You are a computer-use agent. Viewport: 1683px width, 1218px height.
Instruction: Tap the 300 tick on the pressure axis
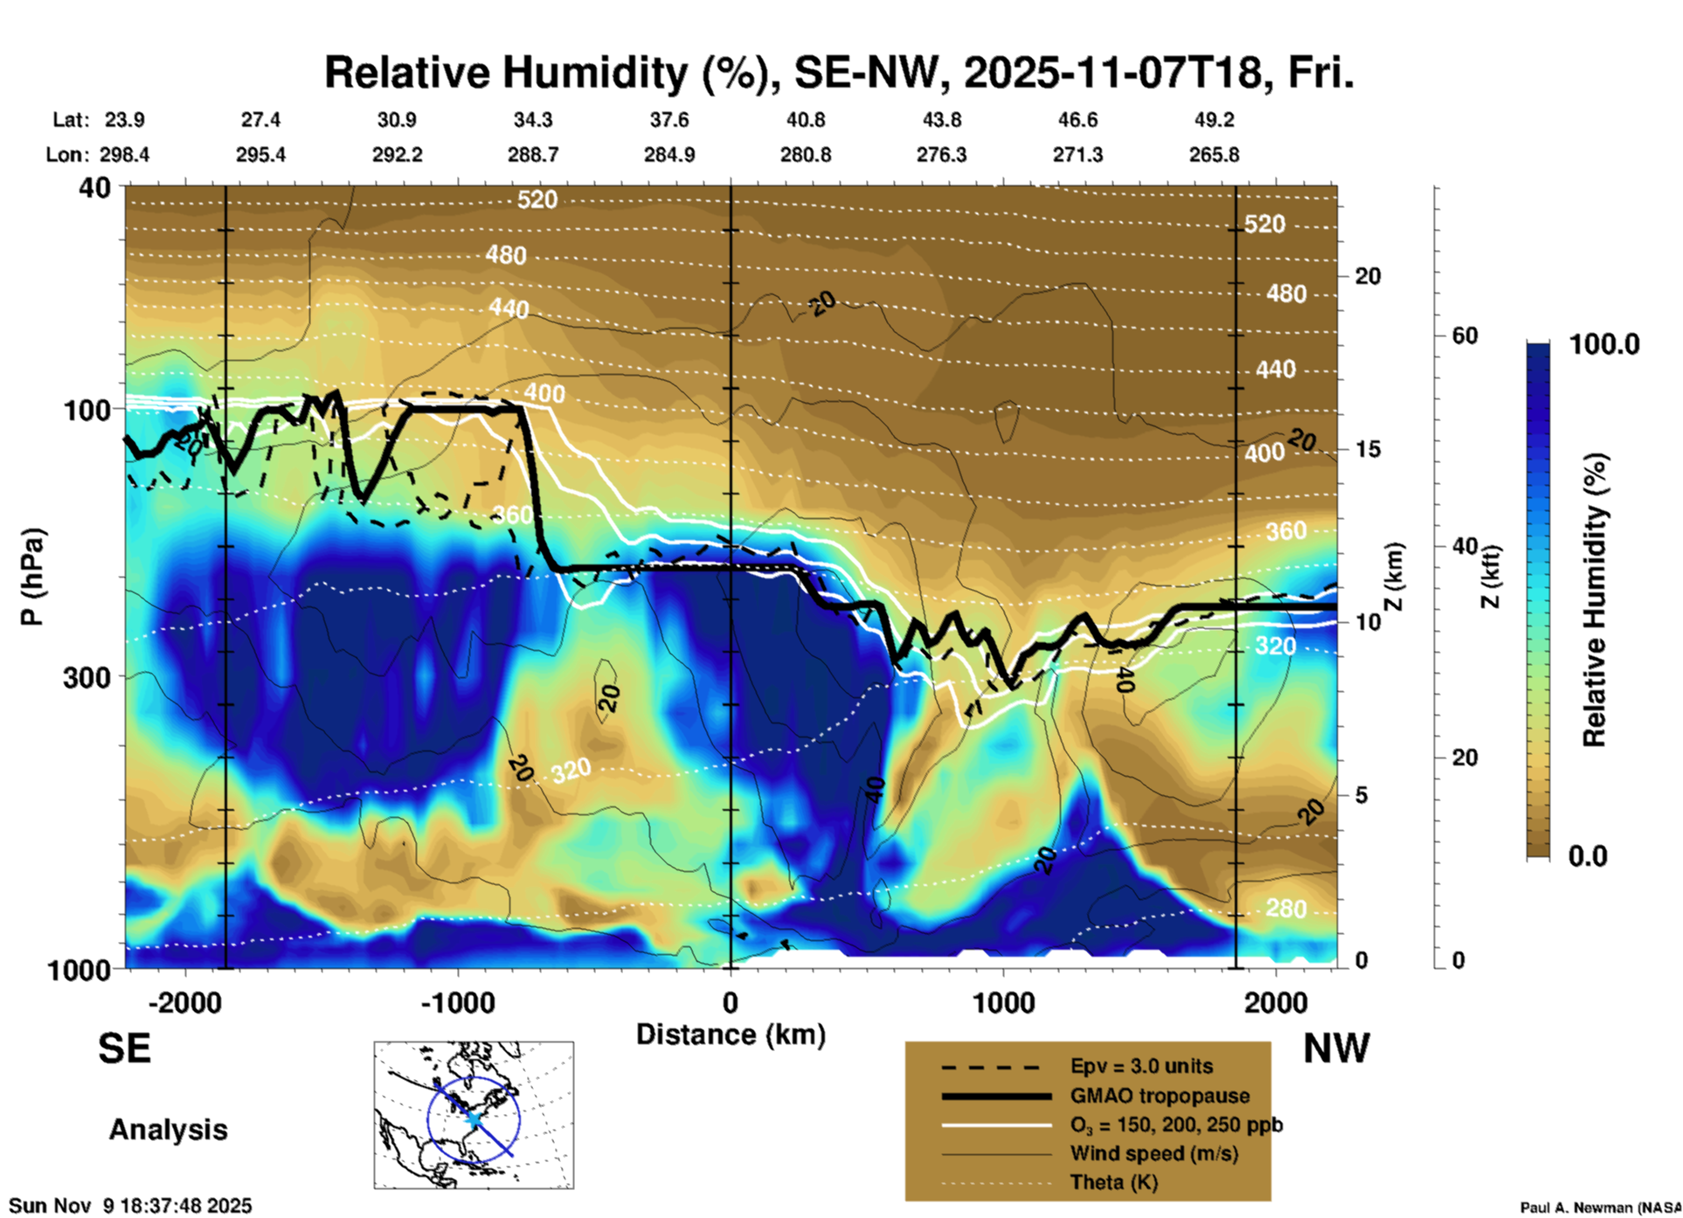(87, 677)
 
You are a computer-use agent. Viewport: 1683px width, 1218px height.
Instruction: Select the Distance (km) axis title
(731, 1035)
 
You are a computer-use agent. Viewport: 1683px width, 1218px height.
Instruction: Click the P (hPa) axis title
(32, 577)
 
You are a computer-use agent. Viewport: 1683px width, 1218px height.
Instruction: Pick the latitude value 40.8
(805, 120)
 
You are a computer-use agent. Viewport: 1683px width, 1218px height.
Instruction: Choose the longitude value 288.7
(533, 155)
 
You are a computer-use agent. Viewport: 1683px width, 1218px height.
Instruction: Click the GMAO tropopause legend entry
(1160, 1096)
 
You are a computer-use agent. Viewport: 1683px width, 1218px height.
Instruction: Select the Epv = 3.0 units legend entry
(1141, 1066)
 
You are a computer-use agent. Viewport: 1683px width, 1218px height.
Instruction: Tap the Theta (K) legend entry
(1113, 1182)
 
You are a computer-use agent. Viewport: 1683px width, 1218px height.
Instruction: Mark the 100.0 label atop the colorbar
(1604, 344)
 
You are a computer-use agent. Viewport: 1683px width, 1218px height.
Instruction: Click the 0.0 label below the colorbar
(1588, 855)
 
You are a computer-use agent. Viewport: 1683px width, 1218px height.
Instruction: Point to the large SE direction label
(124, 1048)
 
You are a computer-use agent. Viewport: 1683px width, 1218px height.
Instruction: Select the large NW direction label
(1335, 1048)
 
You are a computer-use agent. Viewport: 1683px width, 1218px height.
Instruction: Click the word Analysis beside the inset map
(168, 1129)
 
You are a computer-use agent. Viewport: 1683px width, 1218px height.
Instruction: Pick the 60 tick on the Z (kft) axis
(1465, 336)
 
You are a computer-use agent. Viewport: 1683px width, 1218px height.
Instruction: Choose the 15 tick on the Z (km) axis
(1368, 449)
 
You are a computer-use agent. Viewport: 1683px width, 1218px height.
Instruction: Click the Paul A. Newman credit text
(1599, 1208)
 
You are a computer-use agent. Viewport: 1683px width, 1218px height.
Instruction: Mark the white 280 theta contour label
(1286, 909)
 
